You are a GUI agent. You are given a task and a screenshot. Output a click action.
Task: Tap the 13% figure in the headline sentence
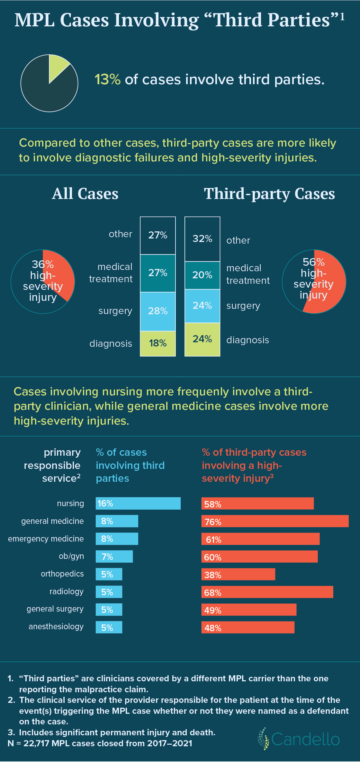click(107, 79)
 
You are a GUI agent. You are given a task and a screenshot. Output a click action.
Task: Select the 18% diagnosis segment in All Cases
click(158, 343)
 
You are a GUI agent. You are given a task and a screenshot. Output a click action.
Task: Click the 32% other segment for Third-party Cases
click(202, 239)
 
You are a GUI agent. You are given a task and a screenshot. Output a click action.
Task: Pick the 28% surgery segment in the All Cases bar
click(158, 311)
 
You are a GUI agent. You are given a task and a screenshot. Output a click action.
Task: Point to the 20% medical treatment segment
click(202, 275)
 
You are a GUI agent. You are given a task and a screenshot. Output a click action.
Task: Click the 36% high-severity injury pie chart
click(43, 282)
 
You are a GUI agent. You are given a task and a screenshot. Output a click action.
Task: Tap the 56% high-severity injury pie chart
click(314, 282)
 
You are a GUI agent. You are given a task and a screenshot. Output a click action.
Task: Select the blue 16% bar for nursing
click(138, 503)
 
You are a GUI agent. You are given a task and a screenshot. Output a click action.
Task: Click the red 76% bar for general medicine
click(275, 521)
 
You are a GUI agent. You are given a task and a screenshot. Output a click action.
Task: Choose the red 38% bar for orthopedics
click(238, 574)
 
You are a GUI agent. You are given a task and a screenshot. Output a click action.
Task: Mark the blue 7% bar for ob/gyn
click(114, 556)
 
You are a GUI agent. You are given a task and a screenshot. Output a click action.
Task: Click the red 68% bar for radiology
click(267, 592)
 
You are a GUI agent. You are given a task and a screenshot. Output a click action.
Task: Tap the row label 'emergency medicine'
click(46, 539)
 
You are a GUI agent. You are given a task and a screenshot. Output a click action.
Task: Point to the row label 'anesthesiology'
click(56, 626)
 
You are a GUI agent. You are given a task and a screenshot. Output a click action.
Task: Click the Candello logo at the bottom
click(299, 739)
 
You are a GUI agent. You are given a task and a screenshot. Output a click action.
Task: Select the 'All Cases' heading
click(85, 194)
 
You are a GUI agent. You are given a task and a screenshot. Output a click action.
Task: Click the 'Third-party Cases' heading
click(269, 194)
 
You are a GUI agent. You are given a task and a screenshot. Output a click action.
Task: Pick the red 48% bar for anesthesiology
click(248, 627)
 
